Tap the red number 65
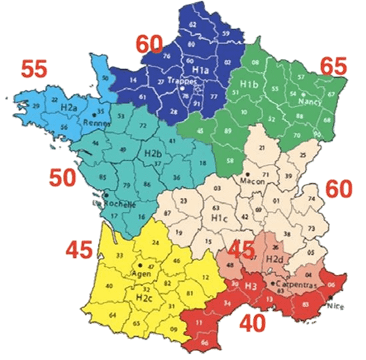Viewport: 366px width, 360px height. (x=334, y=66)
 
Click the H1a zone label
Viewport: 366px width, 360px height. (x=202, y=70)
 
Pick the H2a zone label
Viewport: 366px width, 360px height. (x=71, y=108)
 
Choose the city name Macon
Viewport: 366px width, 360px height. (x=252, y=181)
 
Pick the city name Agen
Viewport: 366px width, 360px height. (x=139, y=274)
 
